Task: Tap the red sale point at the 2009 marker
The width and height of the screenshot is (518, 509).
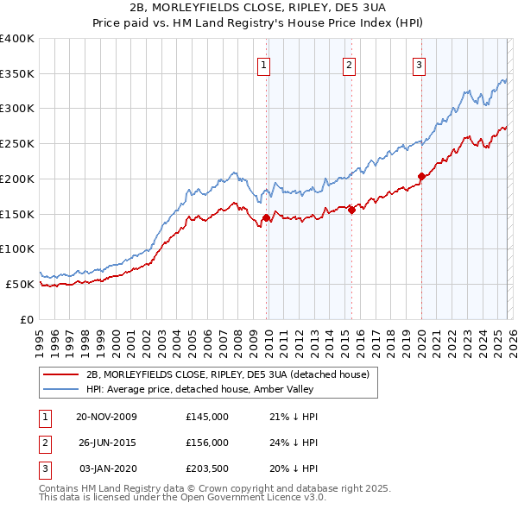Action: pos(266,217)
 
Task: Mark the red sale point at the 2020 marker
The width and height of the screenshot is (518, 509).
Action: pos(421,177)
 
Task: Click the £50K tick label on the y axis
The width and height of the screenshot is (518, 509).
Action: pos(20,284)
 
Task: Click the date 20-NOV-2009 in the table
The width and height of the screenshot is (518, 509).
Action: pos(106,417)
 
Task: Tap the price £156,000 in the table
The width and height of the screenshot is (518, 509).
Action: pos(207,442)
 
